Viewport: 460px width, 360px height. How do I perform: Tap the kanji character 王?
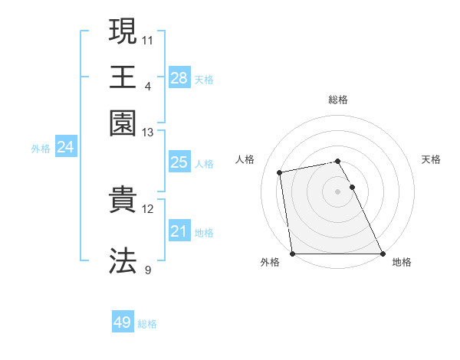tap(123, 77)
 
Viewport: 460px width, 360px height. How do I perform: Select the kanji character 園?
tap(123, 123)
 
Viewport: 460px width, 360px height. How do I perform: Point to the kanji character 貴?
tap(123, 201)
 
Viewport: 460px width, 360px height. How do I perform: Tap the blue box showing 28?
tap(179, 78)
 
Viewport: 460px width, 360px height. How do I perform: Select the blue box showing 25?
tap(179, 162)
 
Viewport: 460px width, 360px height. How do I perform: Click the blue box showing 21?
tap(179, 231)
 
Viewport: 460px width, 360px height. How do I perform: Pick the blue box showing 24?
tap(65, 147)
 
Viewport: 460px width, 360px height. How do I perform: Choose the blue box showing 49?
tap(123, 322)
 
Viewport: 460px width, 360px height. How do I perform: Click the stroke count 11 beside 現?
tap(148, 38)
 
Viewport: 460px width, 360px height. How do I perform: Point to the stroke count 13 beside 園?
tap(148, 132)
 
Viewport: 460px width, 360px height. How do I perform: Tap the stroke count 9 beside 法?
tap(148, 270)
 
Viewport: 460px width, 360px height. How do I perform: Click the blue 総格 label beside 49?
tap(148, 324)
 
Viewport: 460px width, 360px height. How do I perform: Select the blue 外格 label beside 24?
tap(41, 149)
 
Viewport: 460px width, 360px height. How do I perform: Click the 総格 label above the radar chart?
tap(338, 100)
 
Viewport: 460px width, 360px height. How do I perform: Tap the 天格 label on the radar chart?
tap(431, 159)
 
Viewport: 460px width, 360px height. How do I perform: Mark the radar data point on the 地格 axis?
tap(382, 254)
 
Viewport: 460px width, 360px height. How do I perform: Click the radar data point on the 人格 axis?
tap(281, 172)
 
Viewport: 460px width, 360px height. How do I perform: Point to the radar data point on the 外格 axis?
tap(293, 254)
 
